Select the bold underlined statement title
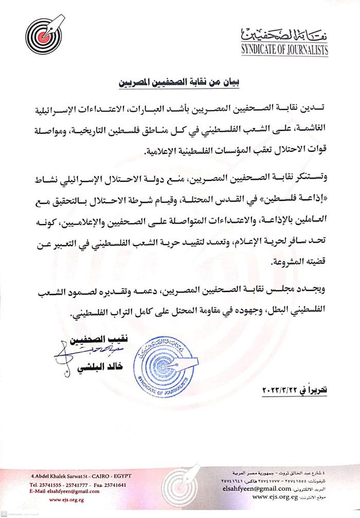[x=181, y=81]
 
